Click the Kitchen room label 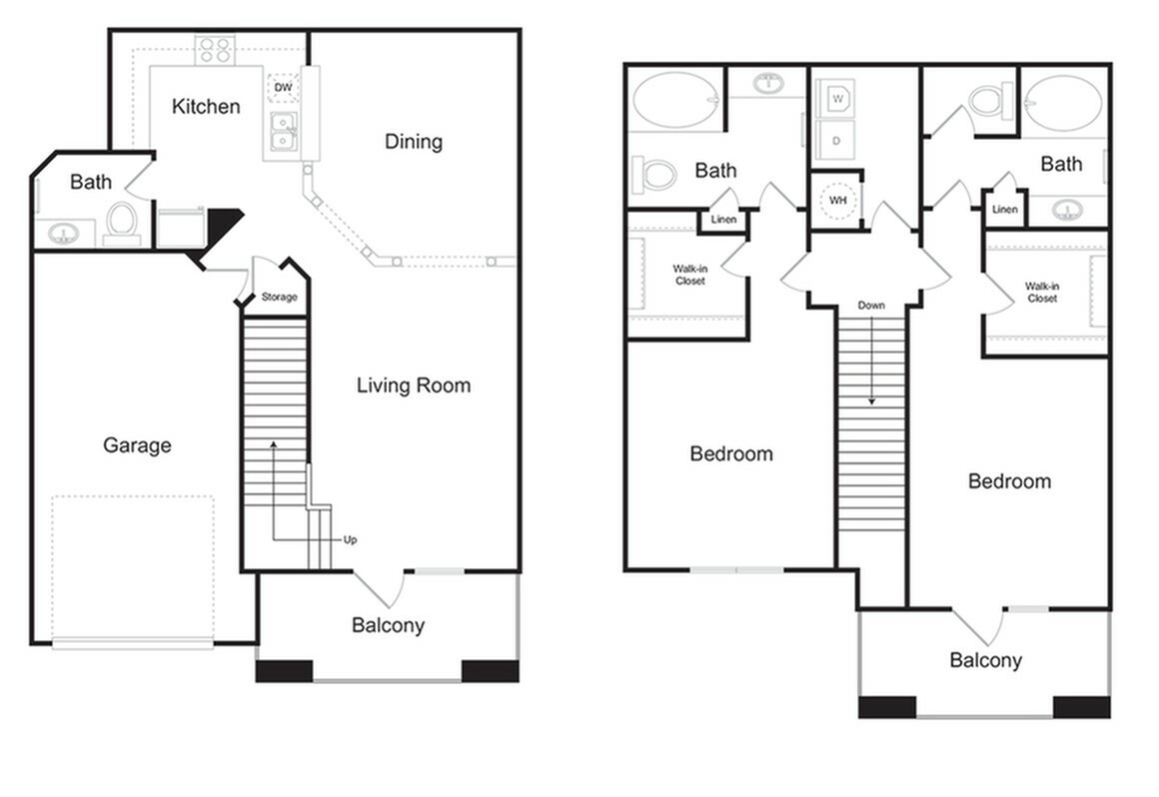(206, 106)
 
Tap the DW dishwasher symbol (284, 89)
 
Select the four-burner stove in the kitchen (214, 50)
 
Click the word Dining (414, 142)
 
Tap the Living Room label (414, 386)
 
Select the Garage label (137, 445)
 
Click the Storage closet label (279, 298)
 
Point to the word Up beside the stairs (350, 540)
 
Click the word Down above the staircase (871, 305)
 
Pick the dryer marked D (836, 141)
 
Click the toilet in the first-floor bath (122, 221)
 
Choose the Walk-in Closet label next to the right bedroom (1041, 293)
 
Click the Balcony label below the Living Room (388, 626)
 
